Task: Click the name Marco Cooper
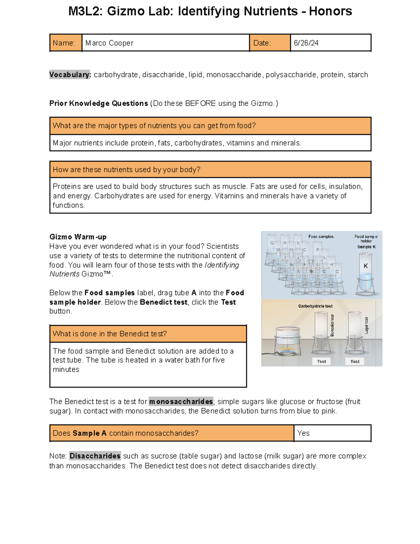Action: pos(109,43)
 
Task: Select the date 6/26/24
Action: pos(306,43)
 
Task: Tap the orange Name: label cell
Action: pos(65,43)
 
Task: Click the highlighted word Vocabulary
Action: pos(70,75)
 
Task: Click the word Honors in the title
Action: pos(330,11)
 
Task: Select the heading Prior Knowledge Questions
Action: pos(99,103)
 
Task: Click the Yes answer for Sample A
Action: pos(303,433)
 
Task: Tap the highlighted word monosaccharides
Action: pos(181,401)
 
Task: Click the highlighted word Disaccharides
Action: pos(95,456)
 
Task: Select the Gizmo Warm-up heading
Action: pos(78,237)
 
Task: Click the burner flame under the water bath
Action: pos(287,349)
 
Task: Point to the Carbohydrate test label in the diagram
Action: pos(315,306)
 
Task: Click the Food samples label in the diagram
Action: pos(321,237)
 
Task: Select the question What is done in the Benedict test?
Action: pos(110,334)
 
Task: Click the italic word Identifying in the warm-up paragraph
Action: pos(222,265)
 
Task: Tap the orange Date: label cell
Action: pos(269,43)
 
